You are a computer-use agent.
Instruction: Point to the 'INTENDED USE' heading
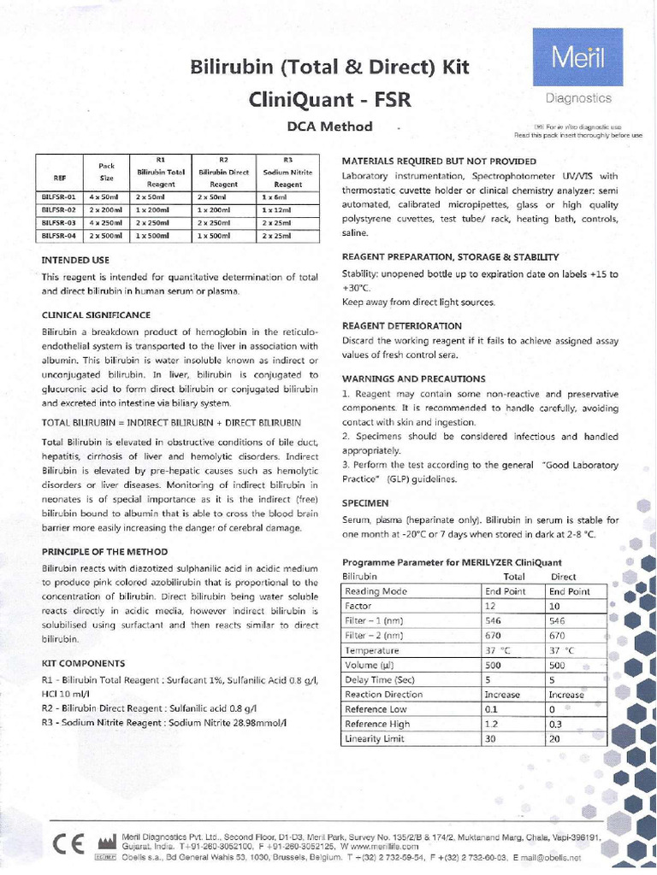coord(75,259)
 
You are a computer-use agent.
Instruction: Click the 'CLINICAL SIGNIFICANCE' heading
coord(97,314)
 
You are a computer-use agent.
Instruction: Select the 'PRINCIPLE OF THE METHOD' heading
coord(104,551)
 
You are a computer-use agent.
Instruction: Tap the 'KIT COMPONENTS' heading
coord(83,662)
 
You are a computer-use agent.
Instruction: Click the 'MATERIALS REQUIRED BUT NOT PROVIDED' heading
coord(439,161)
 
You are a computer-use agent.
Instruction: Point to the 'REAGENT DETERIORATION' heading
coord(401,326)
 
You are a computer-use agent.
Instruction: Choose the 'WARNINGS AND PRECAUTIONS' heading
coord(413,379)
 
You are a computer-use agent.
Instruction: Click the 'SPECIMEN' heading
coord(367,503)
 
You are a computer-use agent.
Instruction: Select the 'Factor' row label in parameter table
coord(360,604)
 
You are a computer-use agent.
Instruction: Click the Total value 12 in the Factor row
coord(491,604)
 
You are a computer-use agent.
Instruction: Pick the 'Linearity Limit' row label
coord(374,738)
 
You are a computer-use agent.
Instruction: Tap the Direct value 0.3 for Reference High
coord(556,724)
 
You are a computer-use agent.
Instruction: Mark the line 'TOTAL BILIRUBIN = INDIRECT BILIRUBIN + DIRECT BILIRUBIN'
coord(171,423)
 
